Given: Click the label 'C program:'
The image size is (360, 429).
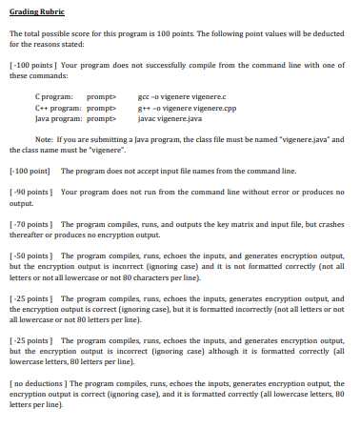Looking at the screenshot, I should click(x=51, y=97).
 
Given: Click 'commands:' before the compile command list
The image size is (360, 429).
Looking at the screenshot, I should click(x=36, y=80).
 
